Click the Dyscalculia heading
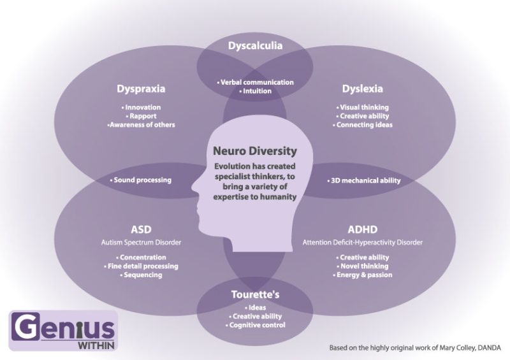[x=255, y=45]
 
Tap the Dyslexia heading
[x=362, y=89]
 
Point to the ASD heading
[x=141, y=229]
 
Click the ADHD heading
[x=362, y=229]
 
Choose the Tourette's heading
[x=255, y=295]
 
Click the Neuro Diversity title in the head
[x=255, y=151]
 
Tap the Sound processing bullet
[x=141, y=180]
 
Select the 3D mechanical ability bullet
[x=364, y=180]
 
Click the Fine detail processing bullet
[x=142, y=266]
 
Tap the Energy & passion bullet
[x=363, y=275]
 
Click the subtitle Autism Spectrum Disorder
[x=141, y=242]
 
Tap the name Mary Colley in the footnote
[x=455, y=348]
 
